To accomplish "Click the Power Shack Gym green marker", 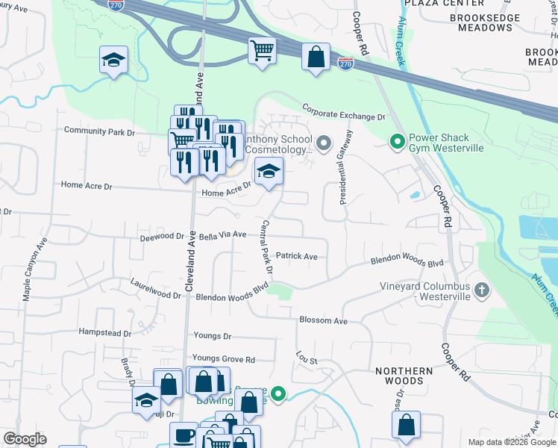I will pos(398,140).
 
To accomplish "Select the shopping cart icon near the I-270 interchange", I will pos(262,52).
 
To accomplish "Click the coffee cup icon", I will pos(184,435).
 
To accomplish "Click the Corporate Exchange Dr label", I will pos(343,112).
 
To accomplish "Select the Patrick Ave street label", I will pos(296,256).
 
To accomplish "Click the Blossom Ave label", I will pos(323,320).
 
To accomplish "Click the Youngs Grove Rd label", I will pos(224,358).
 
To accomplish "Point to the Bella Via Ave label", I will pos(217,234).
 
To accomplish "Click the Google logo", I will pos(25,439).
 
